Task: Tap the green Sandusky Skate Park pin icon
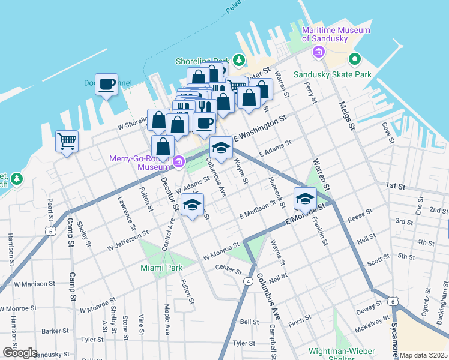354,59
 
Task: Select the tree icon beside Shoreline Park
239,59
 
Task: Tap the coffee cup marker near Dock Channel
106,85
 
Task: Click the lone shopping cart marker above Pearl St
67,142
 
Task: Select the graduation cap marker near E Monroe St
305,197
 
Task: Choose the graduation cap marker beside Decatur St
192,205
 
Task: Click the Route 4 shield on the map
247,281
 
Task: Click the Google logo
19,353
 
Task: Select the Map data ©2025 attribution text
423,355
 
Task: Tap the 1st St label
396,187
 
